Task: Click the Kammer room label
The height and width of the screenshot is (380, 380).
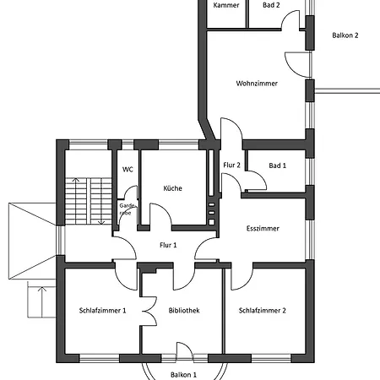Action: (226, 5)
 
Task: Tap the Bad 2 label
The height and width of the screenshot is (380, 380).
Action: (271, 5)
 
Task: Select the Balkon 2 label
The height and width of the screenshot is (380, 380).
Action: (345, 35)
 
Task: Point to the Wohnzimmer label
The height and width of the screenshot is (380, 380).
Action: (257, 84)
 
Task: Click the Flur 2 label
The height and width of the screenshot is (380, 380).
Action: (232, 165)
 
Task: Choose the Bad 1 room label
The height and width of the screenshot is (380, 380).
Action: (277, 166)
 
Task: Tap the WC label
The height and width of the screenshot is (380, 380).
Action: (128, 170)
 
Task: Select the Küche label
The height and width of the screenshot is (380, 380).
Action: (173, 188)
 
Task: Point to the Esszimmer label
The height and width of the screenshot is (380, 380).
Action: (263, 228)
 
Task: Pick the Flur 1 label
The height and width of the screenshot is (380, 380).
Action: (168, 246)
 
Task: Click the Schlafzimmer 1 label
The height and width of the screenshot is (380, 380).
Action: (102, 310)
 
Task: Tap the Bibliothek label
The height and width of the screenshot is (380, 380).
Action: (183, 310)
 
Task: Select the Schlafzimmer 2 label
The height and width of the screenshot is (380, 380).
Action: (262, 310)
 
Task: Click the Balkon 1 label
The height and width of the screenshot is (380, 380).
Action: (183, 373)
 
